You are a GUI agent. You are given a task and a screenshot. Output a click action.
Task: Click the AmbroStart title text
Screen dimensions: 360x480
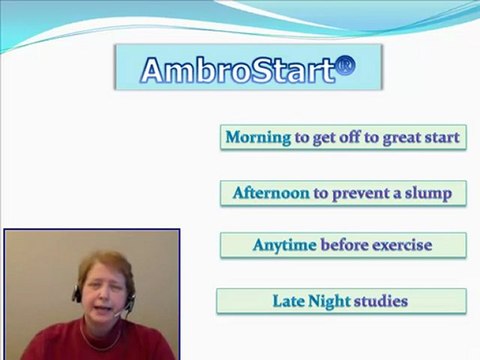[236, 69]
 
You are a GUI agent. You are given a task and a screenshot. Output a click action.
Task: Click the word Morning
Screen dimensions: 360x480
[258, 137]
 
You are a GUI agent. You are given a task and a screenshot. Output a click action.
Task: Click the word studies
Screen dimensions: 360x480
[381, 300]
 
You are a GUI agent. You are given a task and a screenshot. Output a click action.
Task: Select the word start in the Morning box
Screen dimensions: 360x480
[440, 137]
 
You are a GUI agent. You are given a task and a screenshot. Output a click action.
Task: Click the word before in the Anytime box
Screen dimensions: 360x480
[345, 245]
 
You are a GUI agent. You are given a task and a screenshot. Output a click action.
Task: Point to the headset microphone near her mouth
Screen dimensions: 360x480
[122, 315]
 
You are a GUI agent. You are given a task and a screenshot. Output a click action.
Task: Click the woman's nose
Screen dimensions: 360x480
[105, 297]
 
